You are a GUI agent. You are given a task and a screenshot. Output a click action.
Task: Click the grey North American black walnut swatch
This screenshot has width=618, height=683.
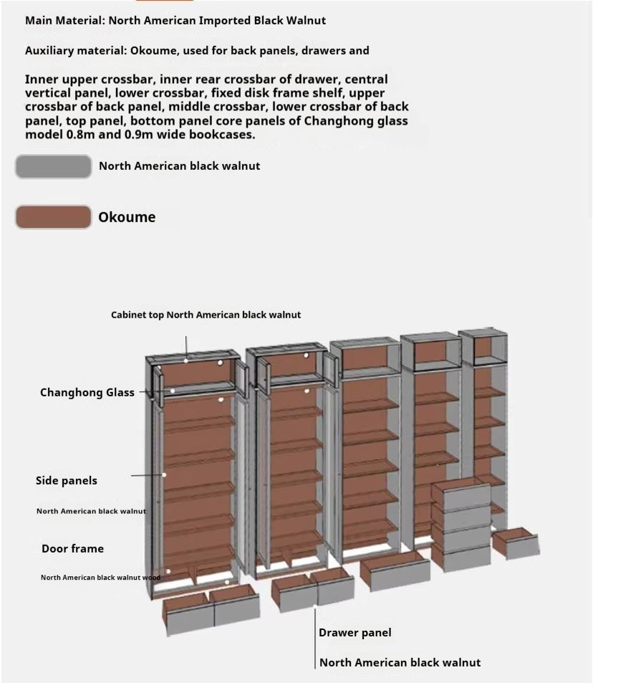pyautogui.click(x=54, y=166)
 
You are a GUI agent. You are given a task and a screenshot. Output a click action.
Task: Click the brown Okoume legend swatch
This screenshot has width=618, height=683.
pyautogui.click(x=54, y=217)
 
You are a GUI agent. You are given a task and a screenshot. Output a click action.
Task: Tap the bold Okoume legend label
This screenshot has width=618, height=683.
pyautogui.click(x=127, y=217)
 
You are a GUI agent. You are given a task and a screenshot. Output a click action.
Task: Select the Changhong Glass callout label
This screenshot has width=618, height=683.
pyautogui.click(x=87, y=393)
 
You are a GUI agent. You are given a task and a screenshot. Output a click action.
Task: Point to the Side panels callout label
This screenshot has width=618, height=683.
pyautogui.click(x=67, y=481)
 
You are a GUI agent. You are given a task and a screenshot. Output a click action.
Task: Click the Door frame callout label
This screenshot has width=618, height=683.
pyautogui.click(x=72, y=549)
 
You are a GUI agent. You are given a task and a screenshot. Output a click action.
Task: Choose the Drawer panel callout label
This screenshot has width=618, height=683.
pyautogui.click(x=355, y=633)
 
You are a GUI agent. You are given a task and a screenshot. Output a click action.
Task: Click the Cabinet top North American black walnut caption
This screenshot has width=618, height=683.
pyautogui.click(x=206, y=315)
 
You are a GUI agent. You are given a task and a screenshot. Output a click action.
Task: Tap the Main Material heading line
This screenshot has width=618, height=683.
pyautogui.click(x=175, y=20)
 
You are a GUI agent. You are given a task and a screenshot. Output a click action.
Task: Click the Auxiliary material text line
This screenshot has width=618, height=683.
pyautogui.click(x=197, y=51)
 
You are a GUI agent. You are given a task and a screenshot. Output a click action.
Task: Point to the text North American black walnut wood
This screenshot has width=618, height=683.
pyautogui.click(x=100, y=578)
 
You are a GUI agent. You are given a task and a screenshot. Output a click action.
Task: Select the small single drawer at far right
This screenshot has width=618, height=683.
pyautogui.click(x=516, y=543)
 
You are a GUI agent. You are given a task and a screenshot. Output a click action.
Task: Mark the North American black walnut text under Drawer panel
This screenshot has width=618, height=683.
pyautogui.click(x=400, y=663)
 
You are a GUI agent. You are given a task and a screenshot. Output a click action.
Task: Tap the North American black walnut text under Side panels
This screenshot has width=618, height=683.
pyautogui.click(x=91, y=512)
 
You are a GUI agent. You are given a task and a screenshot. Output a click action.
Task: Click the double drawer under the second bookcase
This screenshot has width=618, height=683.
pyautogui.click(x=313, y=591)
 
